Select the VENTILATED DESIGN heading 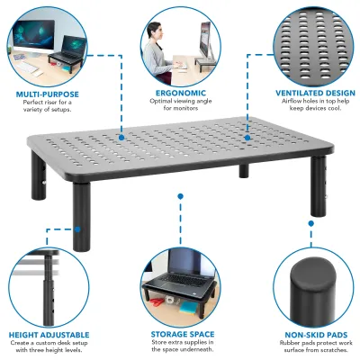coord(308,92)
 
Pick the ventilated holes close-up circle coord(310,40)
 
